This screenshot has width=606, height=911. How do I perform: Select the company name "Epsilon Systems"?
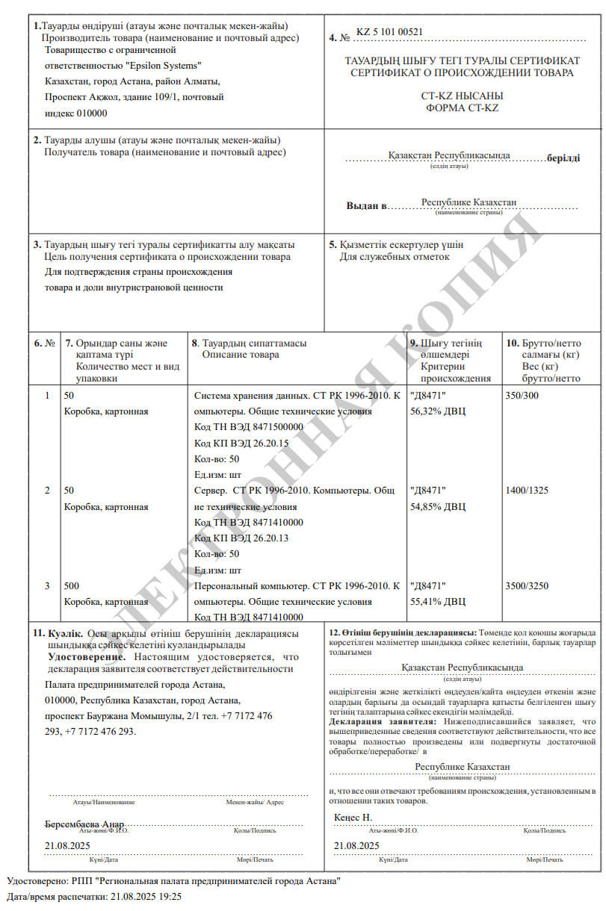click(168, 66)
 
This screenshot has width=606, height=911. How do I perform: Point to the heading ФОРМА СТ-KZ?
click(462, 108)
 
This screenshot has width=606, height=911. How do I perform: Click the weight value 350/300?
click(522, 395)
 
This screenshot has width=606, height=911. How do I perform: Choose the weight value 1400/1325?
click(528, 490)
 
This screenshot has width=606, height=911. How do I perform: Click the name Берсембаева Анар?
click(84, 824)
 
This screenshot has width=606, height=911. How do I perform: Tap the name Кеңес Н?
click(353, 818)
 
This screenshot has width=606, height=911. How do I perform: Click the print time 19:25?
click(170, 896)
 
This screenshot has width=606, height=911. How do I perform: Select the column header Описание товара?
click(241, 354)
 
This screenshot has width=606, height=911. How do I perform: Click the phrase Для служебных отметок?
click(395, 257)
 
